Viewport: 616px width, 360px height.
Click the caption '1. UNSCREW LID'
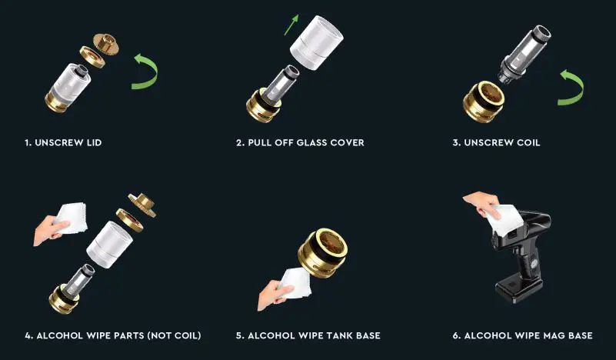point(62,142)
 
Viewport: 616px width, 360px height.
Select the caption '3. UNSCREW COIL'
point(498,142)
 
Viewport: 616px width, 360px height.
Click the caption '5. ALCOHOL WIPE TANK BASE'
point(308,335)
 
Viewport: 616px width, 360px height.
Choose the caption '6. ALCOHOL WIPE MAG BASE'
point(523,335)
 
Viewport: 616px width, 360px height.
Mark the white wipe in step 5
point(296,285)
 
